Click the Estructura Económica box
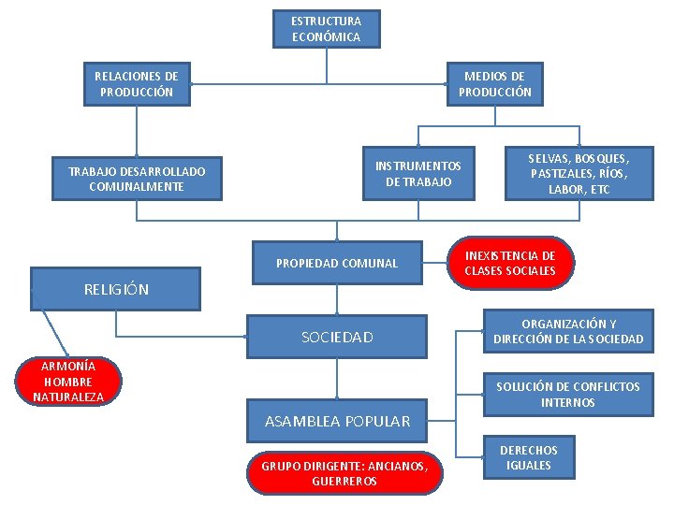pyautogui.click(x=326, y=28)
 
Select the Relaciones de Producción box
pyautogui.click(x=137, y=83)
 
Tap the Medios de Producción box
pyautogui.click(x=494, y=83)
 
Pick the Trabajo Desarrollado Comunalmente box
pyautogui.click(x=137, y=178)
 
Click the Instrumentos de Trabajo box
pyautogui.click(x=418, y=173)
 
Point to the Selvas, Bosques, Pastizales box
pyautogui.click(x=579, y=173)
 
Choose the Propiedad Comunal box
pyautogui.click(x=337, y=263)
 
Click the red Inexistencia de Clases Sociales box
pyautogui.click(x=509, y=263)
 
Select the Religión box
pyautogui.click(x=116, y=289)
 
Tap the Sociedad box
pyautogui.click(x=337, y=337)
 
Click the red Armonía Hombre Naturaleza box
pyautogui.click(x=68, y=382)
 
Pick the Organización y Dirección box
pyautogui.click(x=568, y=331)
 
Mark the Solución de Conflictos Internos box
pyautogui.click(x=568, y=394)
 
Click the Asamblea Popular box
pyautogui.click(x=337, y=421)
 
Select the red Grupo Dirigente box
pyautogui.click(x=344, y=472)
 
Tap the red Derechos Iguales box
pyautogui.click(x=528, y=457)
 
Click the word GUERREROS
pyautogui.click(x=344, y=482)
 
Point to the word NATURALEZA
pyautogui.click(x=68, y=397)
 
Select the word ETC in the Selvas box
pyautogui.click(x=600, y=189)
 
